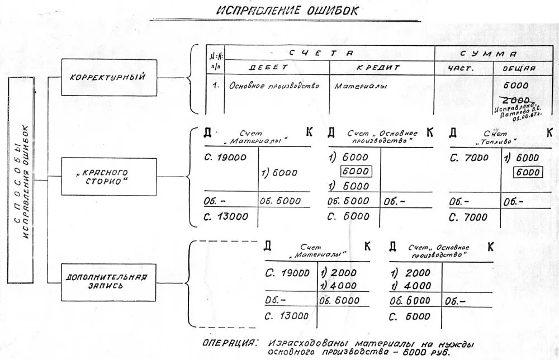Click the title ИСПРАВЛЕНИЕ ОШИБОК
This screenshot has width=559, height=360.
tap(287, 11)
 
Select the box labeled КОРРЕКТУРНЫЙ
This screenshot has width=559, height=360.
tap(108, 77)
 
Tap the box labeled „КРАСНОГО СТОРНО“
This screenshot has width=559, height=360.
tap(108, 177)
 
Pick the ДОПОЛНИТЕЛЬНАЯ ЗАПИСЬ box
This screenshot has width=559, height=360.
tap(107, 281)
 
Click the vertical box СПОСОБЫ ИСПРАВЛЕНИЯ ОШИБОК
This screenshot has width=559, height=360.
tap(21, 180)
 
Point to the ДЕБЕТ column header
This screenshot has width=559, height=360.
tap(268, 68)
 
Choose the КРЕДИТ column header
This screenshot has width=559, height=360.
tap(378, 68)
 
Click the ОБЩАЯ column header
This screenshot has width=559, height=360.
tap(518, 68)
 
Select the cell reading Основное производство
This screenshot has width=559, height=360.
tap(274, 86)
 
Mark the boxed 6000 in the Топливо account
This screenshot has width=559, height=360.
tap(527, 172)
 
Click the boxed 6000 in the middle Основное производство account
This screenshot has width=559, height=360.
tap(356, 171)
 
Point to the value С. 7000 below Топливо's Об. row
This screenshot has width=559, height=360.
tap(468, 216)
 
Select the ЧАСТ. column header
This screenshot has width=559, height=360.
tap(461, 68)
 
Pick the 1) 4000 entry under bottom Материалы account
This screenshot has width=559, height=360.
tap(337, 286)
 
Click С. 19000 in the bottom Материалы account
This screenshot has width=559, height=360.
tap(287, 273)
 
